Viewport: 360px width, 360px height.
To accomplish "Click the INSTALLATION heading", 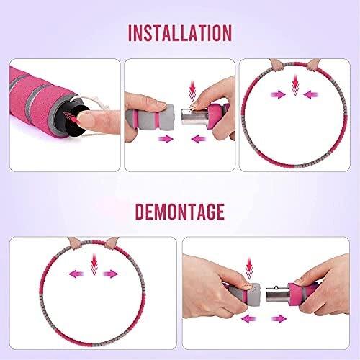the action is [180, 33].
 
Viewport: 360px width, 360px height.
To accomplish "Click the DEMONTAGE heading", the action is [180, 212].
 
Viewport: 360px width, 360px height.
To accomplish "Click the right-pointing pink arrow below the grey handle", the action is [166, 139].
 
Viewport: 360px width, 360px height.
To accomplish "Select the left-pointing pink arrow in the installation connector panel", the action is [199, 139].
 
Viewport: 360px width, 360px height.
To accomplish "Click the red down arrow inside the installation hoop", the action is [295, 85].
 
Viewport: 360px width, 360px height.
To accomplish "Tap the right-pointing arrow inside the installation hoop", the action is [278, 94].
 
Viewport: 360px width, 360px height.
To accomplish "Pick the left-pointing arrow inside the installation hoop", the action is [311, 94].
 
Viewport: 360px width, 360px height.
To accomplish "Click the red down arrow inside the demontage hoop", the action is [94, 264].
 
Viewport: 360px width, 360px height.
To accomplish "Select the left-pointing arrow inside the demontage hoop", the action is [76, 274].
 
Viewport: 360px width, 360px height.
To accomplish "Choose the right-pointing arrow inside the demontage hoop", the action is [110, 274].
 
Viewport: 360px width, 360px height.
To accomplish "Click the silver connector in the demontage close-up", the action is [278, 294].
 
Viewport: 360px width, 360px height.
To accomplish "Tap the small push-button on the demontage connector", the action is [276, 287].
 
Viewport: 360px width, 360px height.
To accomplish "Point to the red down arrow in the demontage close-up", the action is [249, 268].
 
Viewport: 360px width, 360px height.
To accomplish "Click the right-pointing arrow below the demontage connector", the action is [279, 319].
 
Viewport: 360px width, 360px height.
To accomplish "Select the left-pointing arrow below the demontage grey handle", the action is [248, 319].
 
